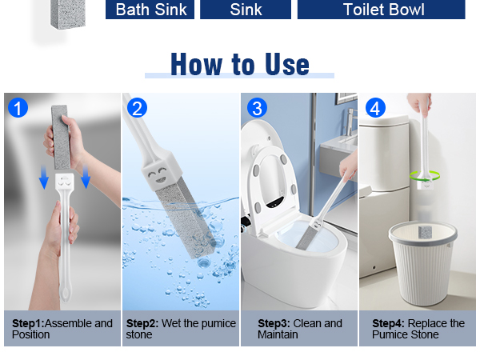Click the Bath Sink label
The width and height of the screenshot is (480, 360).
tap(150, 9)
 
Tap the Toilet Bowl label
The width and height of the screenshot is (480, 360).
tap(382, 9)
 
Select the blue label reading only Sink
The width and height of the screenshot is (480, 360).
tap(246, 9)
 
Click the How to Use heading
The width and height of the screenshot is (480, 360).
tap(240, 64)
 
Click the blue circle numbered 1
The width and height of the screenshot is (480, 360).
tap(18, 108)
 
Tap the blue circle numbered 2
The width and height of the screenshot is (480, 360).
tap(137, 108)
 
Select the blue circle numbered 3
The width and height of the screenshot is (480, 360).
tap(257, 108)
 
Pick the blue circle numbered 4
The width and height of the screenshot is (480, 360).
tap(375, 108)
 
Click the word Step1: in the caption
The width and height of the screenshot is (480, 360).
tap(28, 323)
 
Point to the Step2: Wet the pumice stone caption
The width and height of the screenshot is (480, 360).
tap(181, 329)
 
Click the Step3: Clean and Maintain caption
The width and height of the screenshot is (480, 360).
tap(300, 329)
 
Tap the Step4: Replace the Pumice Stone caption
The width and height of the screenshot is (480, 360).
tap(418, 329)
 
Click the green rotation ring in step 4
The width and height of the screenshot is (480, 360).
tap(425, 176)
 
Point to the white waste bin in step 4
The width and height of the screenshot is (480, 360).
tap(423, 263)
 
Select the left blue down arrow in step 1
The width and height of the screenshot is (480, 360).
tap(44, 177)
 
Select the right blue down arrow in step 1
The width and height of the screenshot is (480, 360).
tap(86, 177)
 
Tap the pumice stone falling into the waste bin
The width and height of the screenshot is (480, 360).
tap(425, 232)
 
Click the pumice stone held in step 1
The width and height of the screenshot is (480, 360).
tap(61, 137)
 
